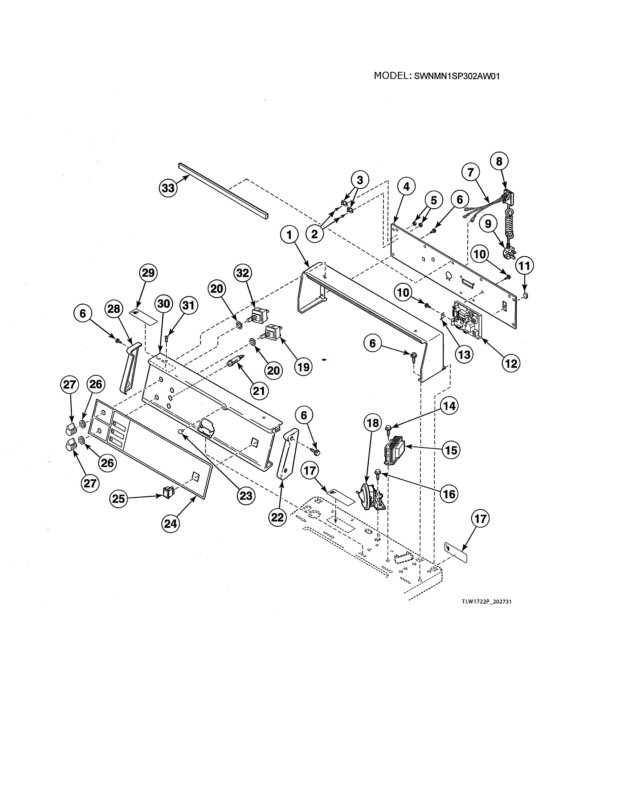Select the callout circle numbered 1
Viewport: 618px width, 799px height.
[x=290, y=235]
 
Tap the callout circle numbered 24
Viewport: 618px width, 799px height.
[x=171, y=524]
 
